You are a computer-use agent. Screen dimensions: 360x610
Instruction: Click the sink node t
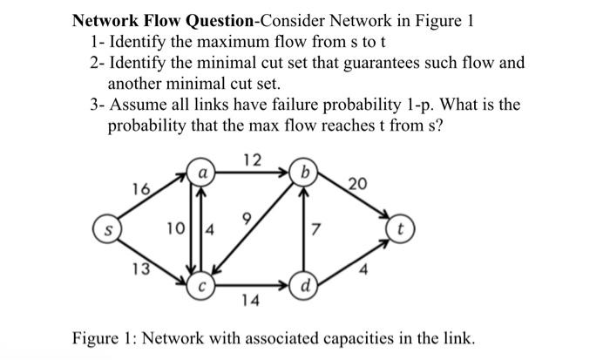(400, 234)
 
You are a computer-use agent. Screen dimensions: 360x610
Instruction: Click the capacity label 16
(139, 188)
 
